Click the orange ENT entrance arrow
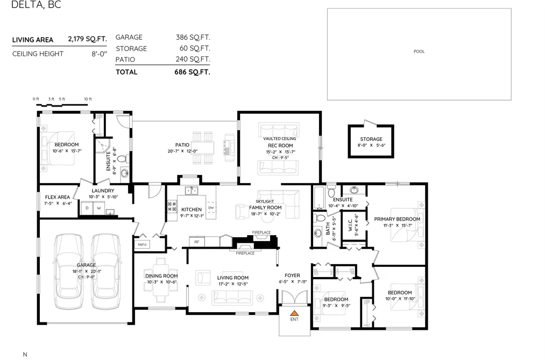pos(294,313)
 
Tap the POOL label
pos(419,52)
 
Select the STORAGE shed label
pos(371,139)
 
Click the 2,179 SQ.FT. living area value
pos(87,39)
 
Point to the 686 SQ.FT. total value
pos(192,72)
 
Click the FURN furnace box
pos(143,244)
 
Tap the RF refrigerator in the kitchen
pos(197,242)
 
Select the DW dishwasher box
pos(211,208)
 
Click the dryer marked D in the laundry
pos(87,208)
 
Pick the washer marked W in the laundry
pos(98,208)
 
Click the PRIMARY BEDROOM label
pos(397,219)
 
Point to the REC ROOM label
pos(280,146)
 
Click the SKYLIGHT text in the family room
pos(265,201)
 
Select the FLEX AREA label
pos(58,197)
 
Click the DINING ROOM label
pos(161,276)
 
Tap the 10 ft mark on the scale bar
pos(88,99)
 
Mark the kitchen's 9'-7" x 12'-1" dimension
pos(192,216)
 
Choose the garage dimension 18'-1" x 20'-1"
pos(87,271)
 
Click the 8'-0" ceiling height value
pos(99,54)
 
